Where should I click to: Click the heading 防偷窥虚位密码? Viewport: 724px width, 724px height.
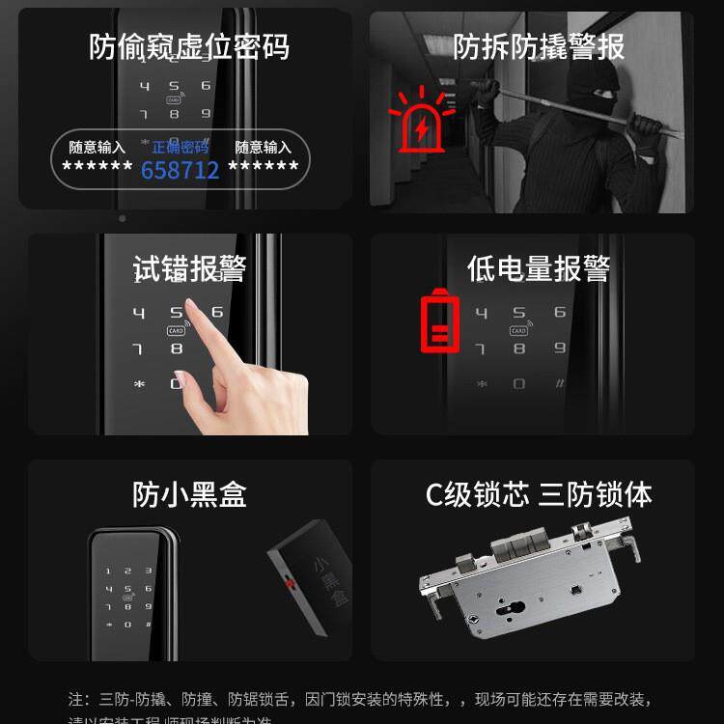[x=189, y=46]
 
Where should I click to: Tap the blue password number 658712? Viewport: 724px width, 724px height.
[x=181, y=171]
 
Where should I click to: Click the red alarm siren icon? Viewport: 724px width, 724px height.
[x=420, y=121]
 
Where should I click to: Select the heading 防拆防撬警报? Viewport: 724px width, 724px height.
[x=539, y=46]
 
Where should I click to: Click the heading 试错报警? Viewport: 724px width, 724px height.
[x=189, y=269]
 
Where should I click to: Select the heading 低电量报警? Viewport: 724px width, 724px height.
[x=539, y=269]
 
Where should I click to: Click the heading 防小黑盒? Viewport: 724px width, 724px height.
[x=189, y=494]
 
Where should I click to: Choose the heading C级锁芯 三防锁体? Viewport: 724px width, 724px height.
[x=539, y=494]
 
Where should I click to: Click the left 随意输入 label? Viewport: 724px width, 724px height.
[x=97, y=148]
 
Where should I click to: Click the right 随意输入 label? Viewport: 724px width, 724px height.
[x=264, y=148]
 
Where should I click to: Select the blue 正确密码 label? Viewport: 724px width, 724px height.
[x=181, y=148]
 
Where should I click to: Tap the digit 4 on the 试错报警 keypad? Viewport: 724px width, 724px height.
[x=139, y=314]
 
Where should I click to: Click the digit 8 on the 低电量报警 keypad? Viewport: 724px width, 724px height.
[x=519, y=348]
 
